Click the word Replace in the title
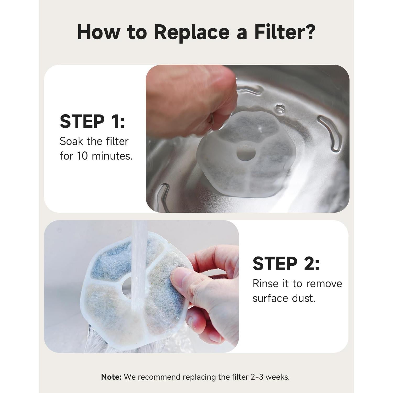point(192,32)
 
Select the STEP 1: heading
point(92,122)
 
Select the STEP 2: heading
point(286,263)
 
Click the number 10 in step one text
point(82,156)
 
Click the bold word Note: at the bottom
point(111,377)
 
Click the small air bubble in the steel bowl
point(280,108)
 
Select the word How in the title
point(99,32)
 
